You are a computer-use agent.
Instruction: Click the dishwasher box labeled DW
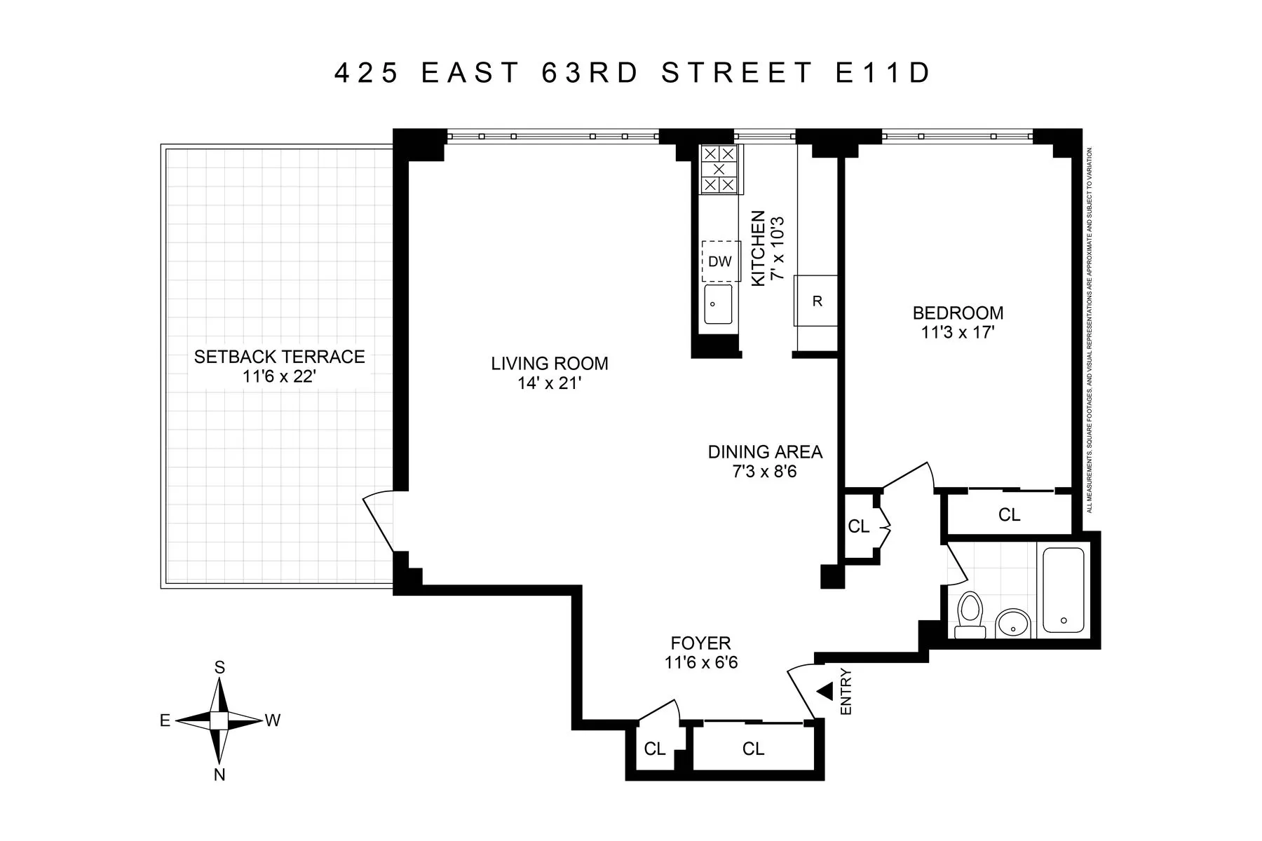click(720, 261)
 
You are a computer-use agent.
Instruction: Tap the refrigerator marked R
click(816, 301)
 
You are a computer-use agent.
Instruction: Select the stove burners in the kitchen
click(719, 169)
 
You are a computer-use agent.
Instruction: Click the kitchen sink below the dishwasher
click(718, 304)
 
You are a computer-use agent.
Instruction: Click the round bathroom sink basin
click(1013, 622)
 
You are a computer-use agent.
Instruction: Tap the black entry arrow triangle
click(825, 692)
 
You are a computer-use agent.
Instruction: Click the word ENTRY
click(846, 692)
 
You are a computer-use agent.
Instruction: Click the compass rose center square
click(219, 720)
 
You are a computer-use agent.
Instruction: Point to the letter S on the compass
click(219, 668)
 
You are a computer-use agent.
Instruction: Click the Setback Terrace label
click(279, 357)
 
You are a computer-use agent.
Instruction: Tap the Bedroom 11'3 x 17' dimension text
click(958, 332)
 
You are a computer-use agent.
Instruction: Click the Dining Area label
click(765, 452)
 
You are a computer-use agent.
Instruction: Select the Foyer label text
click(700, 643)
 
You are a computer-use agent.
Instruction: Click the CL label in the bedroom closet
click(1009, 515)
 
